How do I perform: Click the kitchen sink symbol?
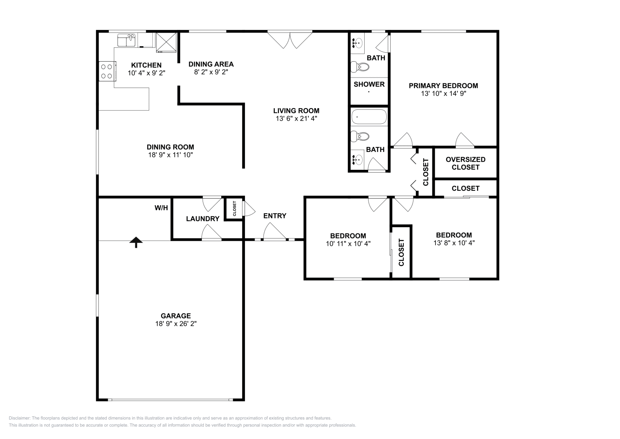[x=127, y=40]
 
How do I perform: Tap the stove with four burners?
[x=107, y=71]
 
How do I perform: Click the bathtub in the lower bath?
[x=369, y=116]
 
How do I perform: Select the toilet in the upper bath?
[x=360, y=67]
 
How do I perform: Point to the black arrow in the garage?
[x=136, y=242]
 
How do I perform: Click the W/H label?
[x=161, y=208]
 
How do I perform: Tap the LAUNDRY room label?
[x=203, y=219]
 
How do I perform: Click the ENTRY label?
[x=275, y=216]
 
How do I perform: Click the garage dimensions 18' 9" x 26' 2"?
[x=176, y=324]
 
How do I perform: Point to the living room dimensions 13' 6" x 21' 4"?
[x=296, y=119]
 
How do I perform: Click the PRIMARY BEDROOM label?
[x=443, y=86]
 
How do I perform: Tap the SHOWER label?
[x=369, y=84]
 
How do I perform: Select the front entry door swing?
[x=274, y=233]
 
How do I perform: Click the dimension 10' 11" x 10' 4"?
[x=348, y=244]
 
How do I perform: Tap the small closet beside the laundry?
[x=234, y=209]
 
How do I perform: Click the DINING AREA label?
[x=211, y=64]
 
